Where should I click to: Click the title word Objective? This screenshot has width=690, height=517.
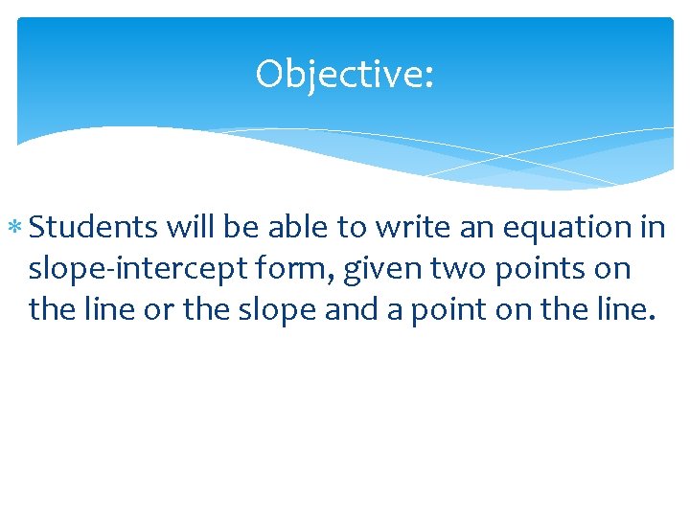click(x=344, y=75)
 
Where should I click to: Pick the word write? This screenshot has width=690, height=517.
click(x=410, y=227)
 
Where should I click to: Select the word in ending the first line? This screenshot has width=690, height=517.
click(x=655, y=227)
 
